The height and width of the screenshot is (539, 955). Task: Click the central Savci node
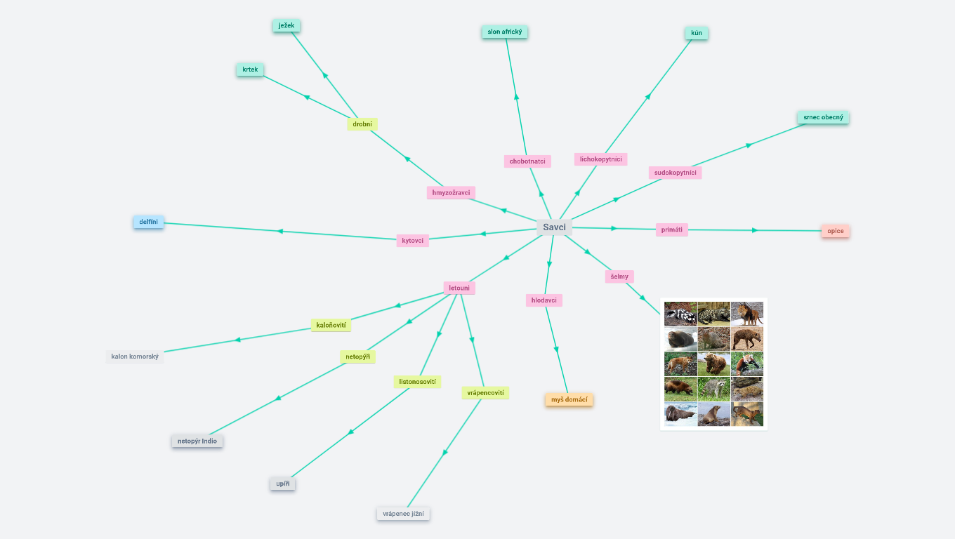pyautogui.click(x=554, y=227)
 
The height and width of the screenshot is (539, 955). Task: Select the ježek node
pyautogui.click(x=286, y=26)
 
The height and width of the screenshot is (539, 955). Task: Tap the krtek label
pyautogui.click(x=250, y=69)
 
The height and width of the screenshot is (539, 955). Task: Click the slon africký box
pyautogui.click(x=505, y=32)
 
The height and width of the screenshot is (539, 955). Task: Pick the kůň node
pyautogui.click(x=697, y=33)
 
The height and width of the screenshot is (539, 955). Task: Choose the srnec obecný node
pyautogui.click(x=823, y=117)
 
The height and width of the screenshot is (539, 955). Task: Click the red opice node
pyautogui.click(x=835, y=231)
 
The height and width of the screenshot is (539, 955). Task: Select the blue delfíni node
pyautogui.click(x=148, y=222)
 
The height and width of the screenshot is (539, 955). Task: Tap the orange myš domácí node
pyautogui.click(x=569, y=400)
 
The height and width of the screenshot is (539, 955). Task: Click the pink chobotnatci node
pyautogui.click(x=527, y=161)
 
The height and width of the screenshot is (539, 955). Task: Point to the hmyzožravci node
pyautogui.click(x=452, y=192)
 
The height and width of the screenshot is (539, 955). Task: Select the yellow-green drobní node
pyautogui.click(x=362, y=124)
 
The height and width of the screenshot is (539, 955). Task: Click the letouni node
pyautogui.click(x=459, y=288)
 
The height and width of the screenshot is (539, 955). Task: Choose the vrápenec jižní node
pyautogui.click(x=403, y=514)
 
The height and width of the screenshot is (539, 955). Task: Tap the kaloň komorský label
pyautogui.click(x=135, y=357)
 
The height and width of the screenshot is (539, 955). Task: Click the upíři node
pyautogui.click(x=283, y=484)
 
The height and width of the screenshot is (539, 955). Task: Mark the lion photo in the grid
pyautogui.click(x=747, y=314)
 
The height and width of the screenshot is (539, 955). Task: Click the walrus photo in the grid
pyautogui.click(x=680, y=414)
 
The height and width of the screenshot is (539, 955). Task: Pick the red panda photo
pyautogui.click(x=747, y=364)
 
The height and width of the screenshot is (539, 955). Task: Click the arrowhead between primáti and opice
pyautogui.click(x=755, y=230)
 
